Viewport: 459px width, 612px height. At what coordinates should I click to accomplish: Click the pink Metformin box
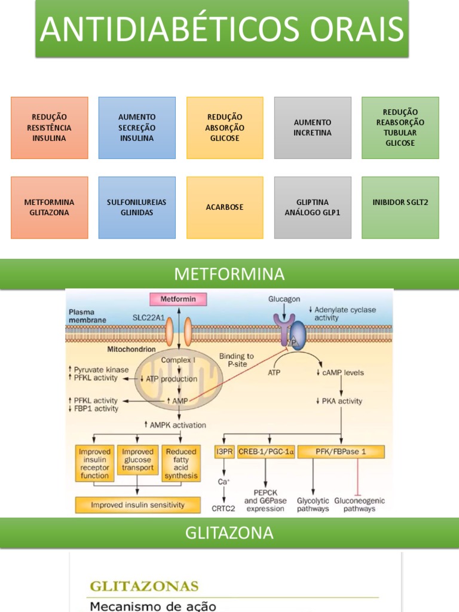pos(178,299)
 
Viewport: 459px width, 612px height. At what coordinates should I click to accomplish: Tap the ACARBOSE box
pos(225,207)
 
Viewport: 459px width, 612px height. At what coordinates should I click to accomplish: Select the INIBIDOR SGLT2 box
pos(400,207)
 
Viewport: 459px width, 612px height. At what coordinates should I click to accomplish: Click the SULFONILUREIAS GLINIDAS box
pos(137,207)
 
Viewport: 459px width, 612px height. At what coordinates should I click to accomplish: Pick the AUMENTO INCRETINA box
pos(313,128)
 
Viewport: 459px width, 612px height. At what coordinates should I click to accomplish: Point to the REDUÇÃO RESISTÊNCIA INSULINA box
pos(50,128)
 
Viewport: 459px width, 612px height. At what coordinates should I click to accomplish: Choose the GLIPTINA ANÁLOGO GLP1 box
pos(313,207)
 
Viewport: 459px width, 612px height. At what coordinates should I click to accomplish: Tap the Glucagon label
pos(284,299)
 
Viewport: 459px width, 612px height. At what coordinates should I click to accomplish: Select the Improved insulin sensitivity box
pos(138,505)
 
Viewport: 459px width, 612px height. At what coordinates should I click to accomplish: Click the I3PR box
pos(225,452)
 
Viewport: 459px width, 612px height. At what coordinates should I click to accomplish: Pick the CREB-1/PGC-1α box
pos(266,452)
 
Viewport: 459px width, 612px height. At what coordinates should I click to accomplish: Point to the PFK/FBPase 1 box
pos(341,452)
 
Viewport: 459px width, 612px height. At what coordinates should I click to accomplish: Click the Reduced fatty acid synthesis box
pos(181,463)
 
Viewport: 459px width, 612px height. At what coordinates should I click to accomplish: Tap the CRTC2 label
pos(224,509)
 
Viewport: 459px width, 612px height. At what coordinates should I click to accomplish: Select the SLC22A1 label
pos(149,318)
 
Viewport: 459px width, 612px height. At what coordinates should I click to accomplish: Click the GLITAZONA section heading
pos(229,533)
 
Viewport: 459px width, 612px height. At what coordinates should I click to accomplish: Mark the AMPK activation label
pos(175,425)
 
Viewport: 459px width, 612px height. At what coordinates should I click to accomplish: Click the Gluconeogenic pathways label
pos(359,504)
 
